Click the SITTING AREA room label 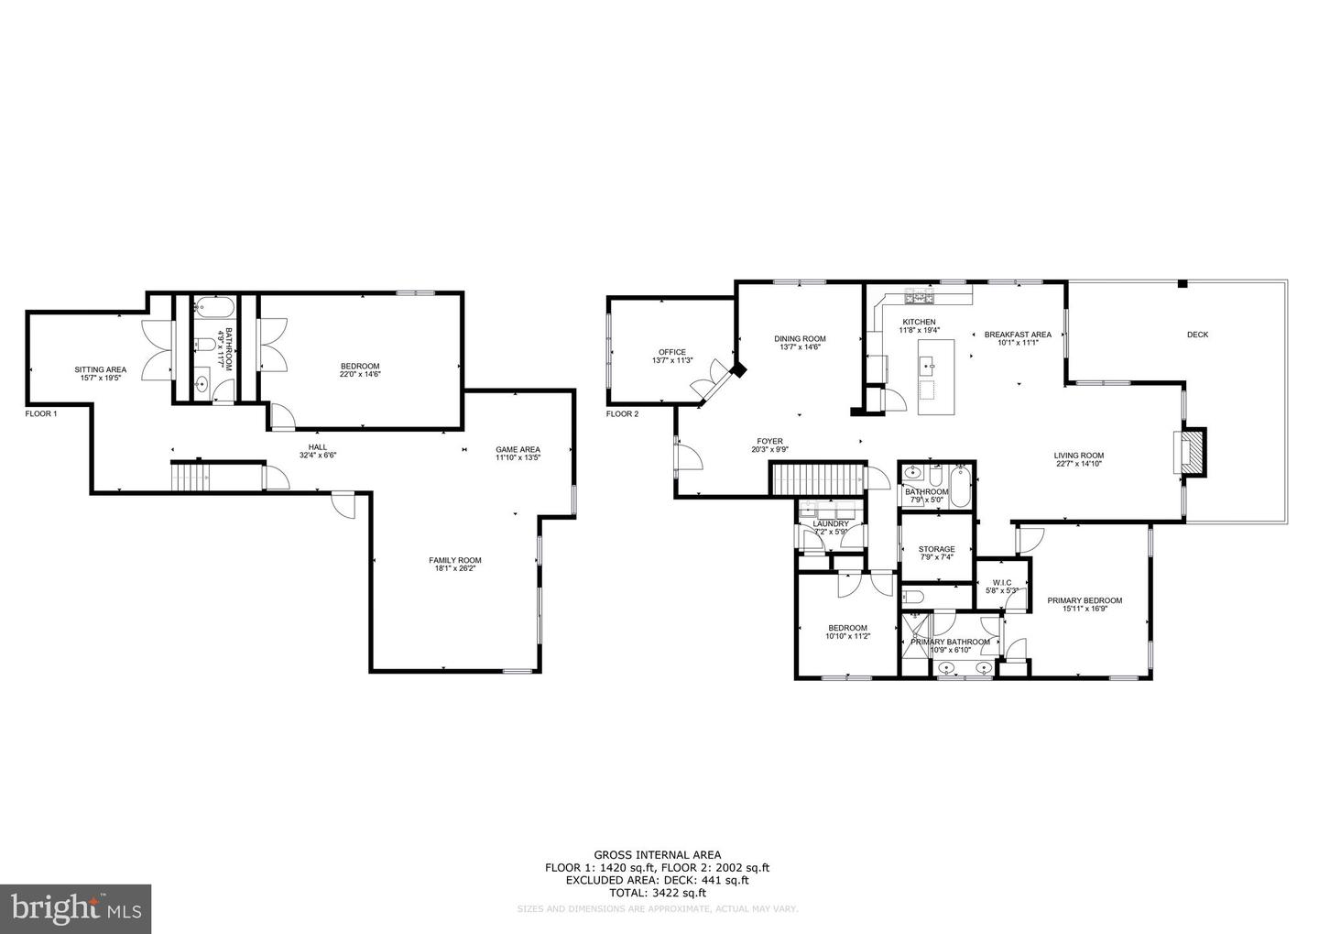coord(101,369)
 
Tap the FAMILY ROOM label coord(455,560)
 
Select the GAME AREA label coord(518,449)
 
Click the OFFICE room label coord(671,352)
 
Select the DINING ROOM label coord(800,338)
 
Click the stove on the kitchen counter coord(916,298)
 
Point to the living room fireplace coord(1190,453)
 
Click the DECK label coord(1197,335)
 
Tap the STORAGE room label coord(936,549)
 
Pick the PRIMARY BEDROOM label coord(1085,600)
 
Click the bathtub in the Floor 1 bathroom coord(216,304)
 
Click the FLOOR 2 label coord(622,413)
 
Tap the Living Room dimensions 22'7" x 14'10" coord(1078,464)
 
